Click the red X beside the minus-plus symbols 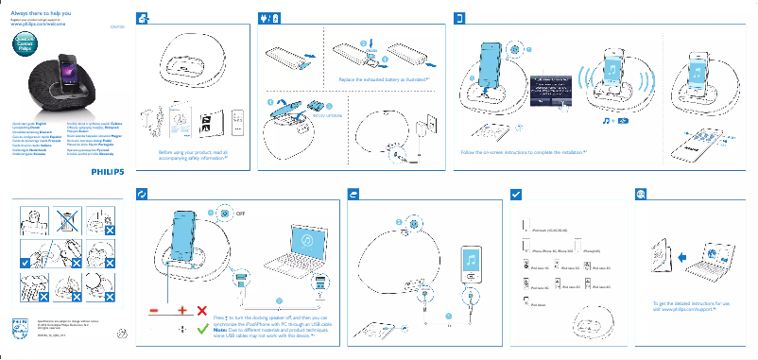[x=202, y=311]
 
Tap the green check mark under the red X [x=202, y=330]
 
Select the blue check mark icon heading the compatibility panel [x=515, y=193]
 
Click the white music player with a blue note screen [x=470, y=265]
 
